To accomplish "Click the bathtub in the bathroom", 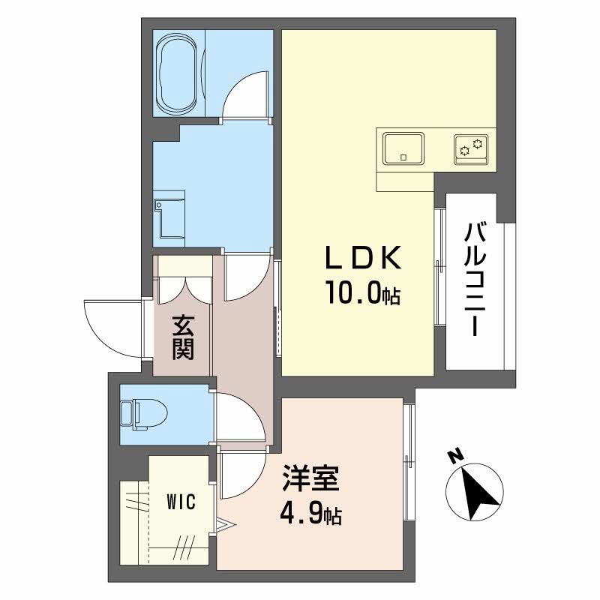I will tap(178, 73).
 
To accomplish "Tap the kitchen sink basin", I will tap(403, 148).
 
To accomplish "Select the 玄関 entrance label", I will tap(183, 337).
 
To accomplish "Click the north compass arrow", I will tap(475, 493).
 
